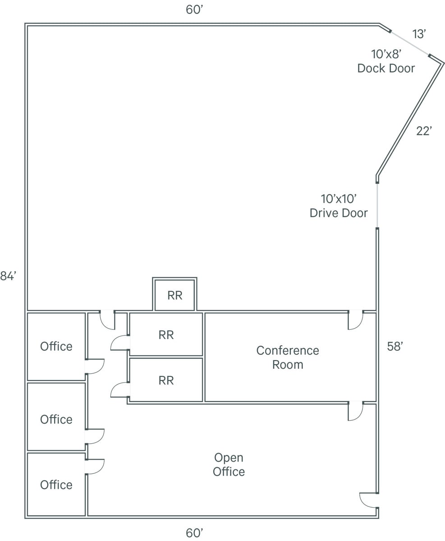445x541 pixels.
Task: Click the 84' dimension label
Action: [8, 276]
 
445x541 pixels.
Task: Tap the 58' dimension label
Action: [395, 347]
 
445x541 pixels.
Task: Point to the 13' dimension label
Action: [419, 34]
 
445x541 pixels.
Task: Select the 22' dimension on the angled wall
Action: [424, 131]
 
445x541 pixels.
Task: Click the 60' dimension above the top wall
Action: [194, 10]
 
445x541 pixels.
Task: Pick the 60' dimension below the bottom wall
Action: [194, 533]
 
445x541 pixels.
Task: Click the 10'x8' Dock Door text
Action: [386, 61]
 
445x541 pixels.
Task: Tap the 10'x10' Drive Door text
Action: [339, 206]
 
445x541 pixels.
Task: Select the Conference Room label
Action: [288, 358]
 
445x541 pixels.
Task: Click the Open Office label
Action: [229, 464]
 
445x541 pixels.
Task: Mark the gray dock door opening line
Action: [409, 43]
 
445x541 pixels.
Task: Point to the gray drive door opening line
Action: [377, 206]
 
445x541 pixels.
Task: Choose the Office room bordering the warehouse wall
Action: [56, 346]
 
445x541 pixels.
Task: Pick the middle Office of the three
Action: [56, 419]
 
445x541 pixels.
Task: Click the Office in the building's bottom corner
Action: [56, 485]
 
